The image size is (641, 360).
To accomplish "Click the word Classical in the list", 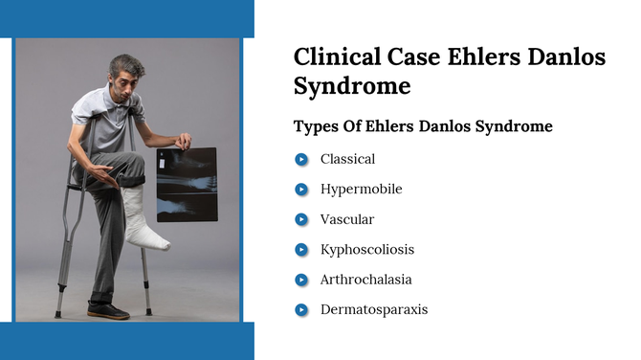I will coord(347,159).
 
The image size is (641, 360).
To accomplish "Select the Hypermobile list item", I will coord(361,190).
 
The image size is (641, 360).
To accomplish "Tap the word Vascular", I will coord(347,219).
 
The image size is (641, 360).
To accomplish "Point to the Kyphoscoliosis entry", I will coord(367,250).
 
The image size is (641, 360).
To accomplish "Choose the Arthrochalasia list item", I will coord(366,280).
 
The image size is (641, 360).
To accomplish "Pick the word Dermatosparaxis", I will coord(374,309).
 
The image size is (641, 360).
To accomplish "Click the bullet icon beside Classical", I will coord(301,160).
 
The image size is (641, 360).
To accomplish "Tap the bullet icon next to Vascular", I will coord(301,219).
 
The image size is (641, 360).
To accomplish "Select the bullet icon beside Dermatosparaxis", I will coord(301,309).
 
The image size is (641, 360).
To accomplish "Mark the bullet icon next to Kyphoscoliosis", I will coord(301,250).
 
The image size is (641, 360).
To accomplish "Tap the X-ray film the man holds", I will coord(186,184).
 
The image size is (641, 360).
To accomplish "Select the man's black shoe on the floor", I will coord(107,310).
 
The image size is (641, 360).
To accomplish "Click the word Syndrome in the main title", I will coord(352,86).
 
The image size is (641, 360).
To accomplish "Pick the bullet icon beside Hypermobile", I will coord(301,190).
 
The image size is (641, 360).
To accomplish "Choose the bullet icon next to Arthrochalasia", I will coord(301,280).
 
